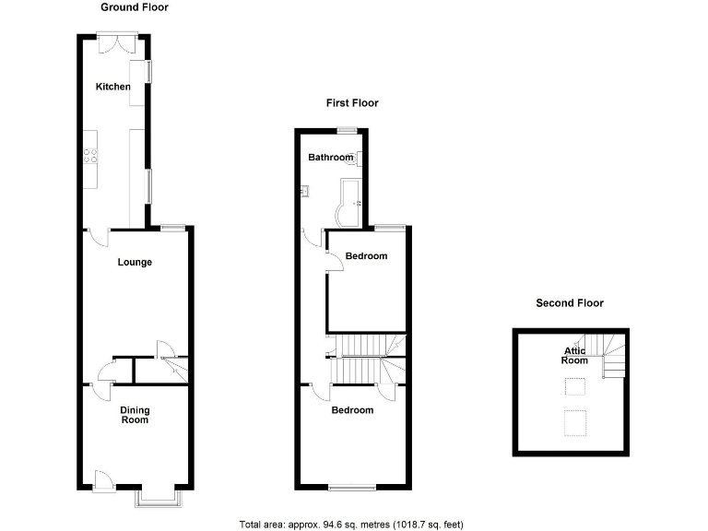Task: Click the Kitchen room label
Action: pos(113,87)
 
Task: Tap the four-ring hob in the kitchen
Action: pos(90,156)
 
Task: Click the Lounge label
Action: pos(135,263)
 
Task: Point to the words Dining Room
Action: pos(135,415)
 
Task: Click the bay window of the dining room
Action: pos(158,498)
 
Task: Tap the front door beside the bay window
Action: pos(103,478)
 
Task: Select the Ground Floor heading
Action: pos(135,7)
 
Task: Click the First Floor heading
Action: pos(352,103)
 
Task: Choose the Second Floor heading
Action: pos(570,302)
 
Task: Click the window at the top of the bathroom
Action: pos(348,130)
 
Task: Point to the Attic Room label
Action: pos(576,355)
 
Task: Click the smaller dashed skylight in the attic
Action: pos(575,390)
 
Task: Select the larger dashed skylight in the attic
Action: pos(575,423)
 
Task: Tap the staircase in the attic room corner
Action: pos(610,357)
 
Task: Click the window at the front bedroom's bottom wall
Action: pos(352,487)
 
